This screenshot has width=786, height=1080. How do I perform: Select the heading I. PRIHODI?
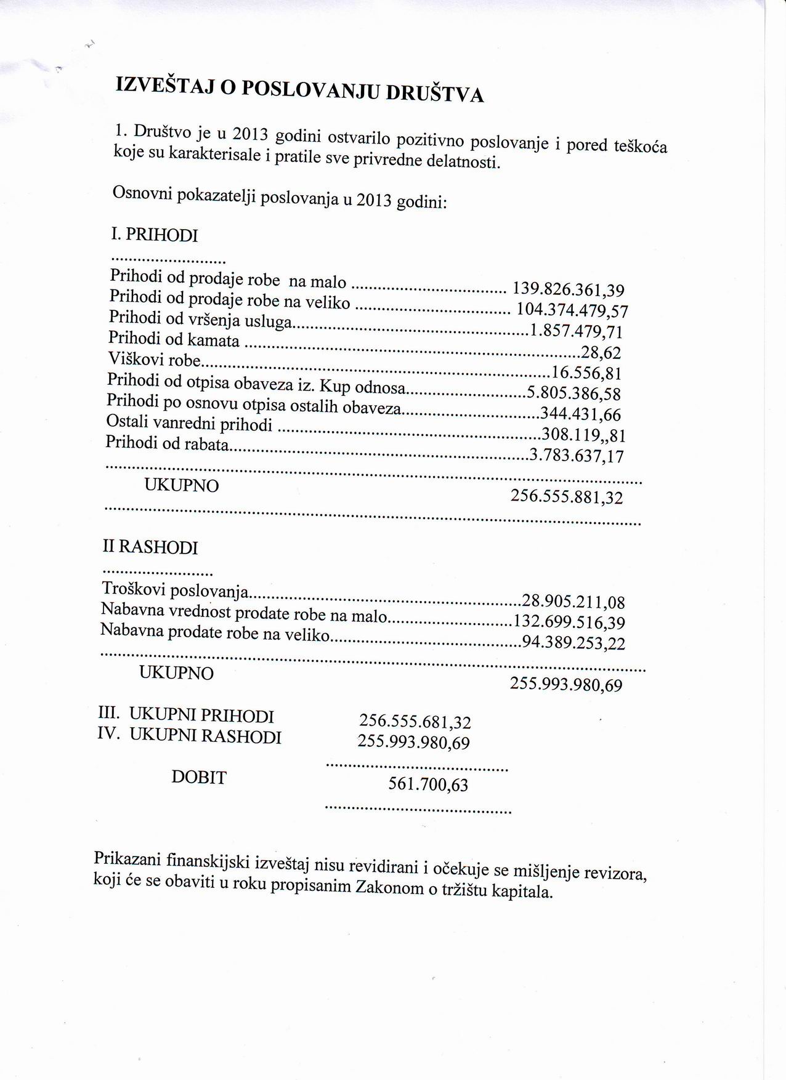click(155, 235)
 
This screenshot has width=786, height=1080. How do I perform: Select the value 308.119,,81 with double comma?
click(583, 435)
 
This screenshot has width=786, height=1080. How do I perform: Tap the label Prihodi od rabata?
click(168, 443)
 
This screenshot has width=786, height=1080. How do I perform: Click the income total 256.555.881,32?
click(567, 496)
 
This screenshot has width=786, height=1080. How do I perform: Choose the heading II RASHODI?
click(150, 547)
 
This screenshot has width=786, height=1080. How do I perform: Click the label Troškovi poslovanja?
click(175, 591)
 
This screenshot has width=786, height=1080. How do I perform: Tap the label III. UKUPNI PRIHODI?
click(186, 715)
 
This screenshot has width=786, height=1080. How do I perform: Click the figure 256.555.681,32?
click(415, 721)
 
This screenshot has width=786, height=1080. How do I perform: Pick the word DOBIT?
click(199, 778)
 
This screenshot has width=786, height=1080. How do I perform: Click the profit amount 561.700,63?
click(428, 784)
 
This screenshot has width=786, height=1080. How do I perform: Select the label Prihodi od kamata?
click(174, 339)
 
